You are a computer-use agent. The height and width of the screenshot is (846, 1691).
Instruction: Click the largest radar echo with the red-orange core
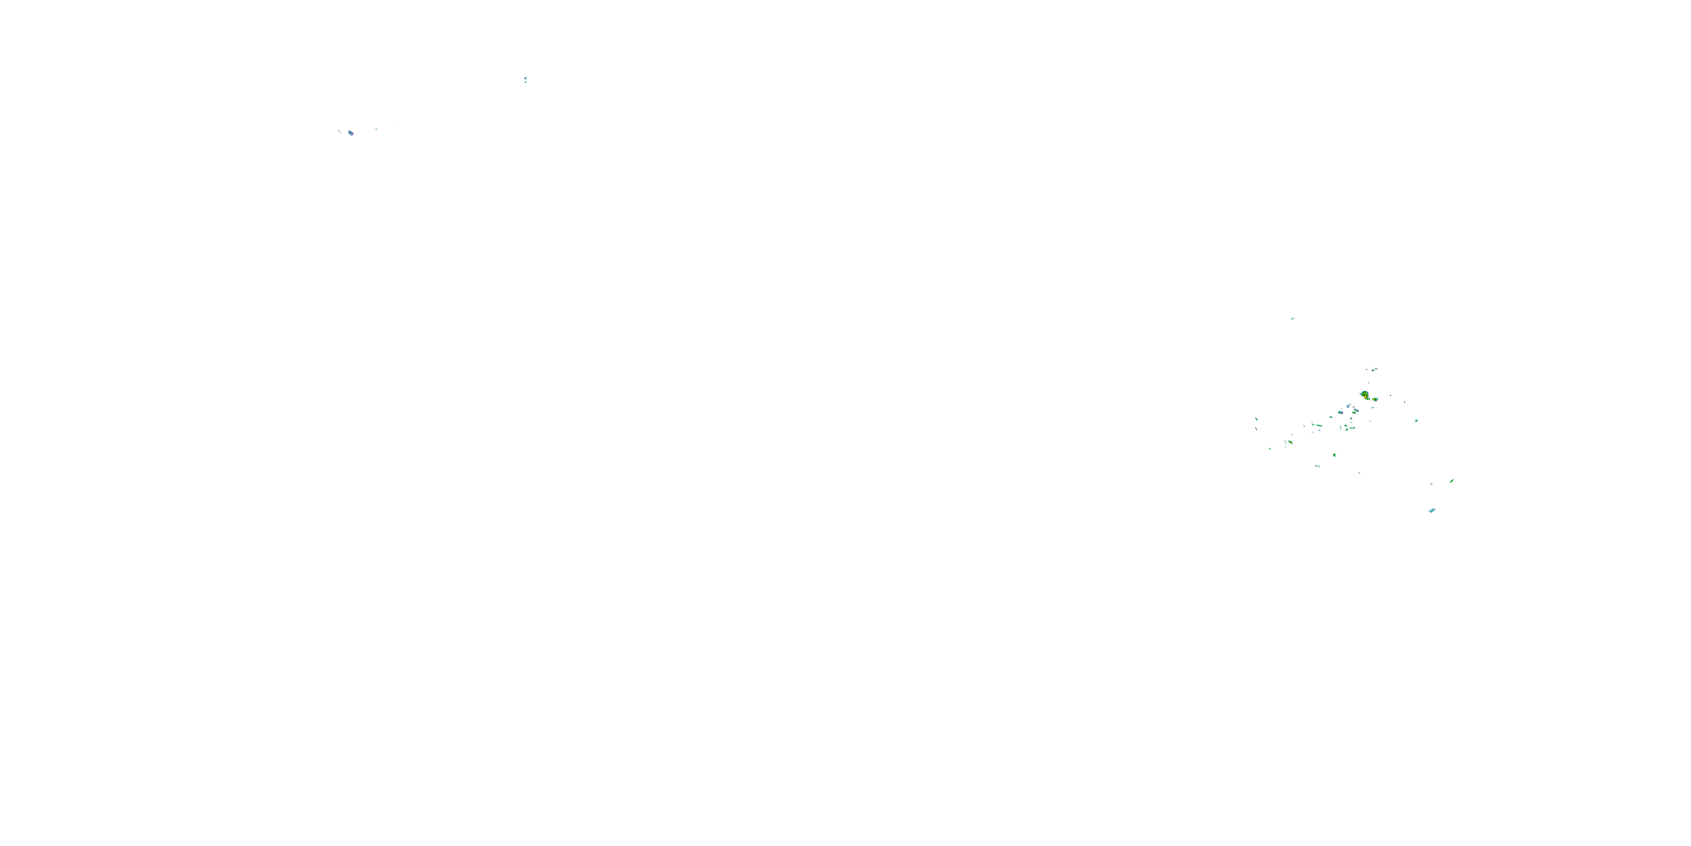1365,395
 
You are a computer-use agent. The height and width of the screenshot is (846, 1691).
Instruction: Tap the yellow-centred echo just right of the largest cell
1375,399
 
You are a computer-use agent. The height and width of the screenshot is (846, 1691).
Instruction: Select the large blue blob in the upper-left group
351,133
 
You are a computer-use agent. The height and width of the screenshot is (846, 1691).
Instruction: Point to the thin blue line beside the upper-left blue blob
339,131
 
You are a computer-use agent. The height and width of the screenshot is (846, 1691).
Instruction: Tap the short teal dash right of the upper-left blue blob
376,129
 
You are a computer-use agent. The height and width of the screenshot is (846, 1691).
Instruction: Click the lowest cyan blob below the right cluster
1432,510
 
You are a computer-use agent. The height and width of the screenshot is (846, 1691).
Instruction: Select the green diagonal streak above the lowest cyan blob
1451,481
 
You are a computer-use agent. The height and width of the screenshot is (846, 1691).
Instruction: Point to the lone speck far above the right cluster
1292,319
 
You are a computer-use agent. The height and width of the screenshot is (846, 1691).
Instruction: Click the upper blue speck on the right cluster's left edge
1256,418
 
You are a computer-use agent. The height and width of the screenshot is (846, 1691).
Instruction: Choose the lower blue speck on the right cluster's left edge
1256,429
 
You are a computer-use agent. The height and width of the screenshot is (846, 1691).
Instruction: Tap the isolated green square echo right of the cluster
1416,420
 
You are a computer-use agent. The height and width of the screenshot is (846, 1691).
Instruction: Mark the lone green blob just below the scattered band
1335,455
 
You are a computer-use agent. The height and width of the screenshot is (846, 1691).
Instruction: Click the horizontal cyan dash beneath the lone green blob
1317,466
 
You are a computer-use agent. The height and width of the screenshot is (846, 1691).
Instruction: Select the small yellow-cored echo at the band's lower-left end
1290,442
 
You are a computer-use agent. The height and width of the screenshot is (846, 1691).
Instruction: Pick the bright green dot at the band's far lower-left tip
1269,448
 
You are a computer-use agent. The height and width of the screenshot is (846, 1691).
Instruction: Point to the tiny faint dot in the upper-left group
397,122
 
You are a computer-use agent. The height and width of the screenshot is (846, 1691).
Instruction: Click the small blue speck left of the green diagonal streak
1431,484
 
